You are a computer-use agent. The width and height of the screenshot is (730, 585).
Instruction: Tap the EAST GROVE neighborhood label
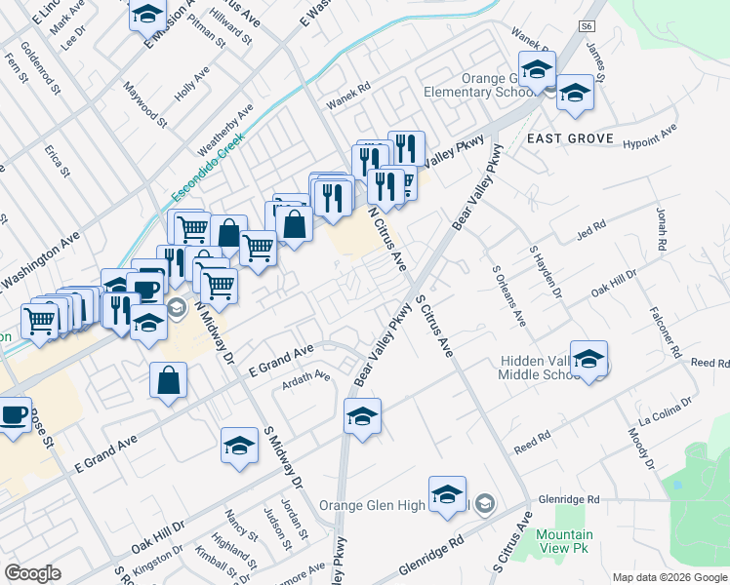[x=570, y=139]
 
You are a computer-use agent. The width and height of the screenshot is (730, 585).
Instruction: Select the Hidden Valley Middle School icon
[x=589, y=361]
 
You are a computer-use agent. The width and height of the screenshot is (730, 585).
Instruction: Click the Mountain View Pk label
[x=564, y=541]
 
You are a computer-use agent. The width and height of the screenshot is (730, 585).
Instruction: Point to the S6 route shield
[x=586, y=26]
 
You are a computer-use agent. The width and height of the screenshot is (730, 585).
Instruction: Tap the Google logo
[x=32, y=573]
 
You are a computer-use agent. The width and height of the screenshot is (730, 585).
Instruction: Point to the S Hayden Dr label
[x=546, y=272]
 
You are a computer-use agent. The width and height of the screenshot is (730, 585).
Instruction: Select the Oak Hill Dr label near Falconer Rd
[x=614, y=286]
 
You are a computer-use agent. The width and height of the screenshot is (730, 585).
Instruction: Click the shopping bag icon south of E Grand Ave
[x=169, y=382]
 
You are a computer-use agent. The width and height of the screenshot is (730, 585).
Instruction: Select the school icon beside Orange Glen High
[x=447, y=496]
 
